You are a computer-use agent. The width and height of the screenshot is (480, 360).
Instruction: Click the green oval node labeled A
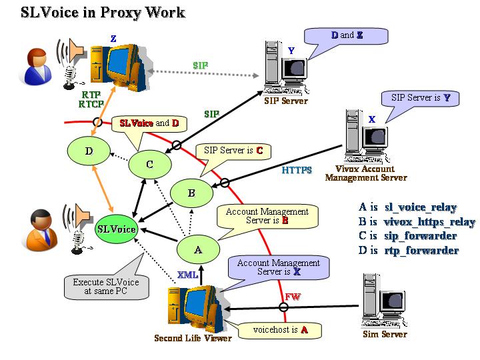tap(197, 249)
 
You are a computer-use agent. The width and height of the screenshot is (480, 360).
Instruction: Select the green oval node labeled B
tap(191, 193)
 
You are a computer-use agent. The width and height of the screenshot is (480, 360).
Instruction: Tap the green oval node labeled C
tap(149, 164)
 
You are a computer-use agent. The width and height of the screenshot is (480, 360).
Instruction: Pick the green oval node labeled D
tap(89, 151)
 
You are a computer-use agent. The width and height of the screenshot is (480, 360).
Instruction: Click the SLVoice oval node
tap(117, 229)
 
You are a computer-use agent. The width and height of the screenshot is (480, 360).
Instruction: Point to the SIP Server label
tap(286, 101)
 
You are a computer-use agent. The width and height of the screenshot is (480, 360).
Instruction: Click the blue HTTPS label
tap(297, 170)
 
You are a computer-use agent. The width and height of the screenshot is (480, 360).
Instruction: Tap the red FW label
tap(292, 296)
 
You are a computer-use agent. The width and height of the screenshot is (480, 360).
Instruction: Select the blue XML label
tap(187, 275)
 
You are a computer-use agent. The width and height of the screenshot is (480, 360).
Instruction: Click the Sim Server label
tap(384, 334)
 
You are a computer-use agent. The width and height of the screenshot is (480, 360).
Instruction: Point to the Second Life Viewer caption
tap(193, 338)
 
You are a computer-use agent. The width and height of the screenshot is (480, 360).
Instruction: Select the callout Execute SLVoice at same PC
tap(106, 287)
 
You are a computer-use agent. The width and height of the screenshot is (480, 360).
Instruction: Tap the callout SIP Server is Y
tap(421, 98)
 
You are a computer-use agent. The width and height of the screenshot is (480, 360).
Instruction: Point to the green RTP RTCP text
tap(91, 99)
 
